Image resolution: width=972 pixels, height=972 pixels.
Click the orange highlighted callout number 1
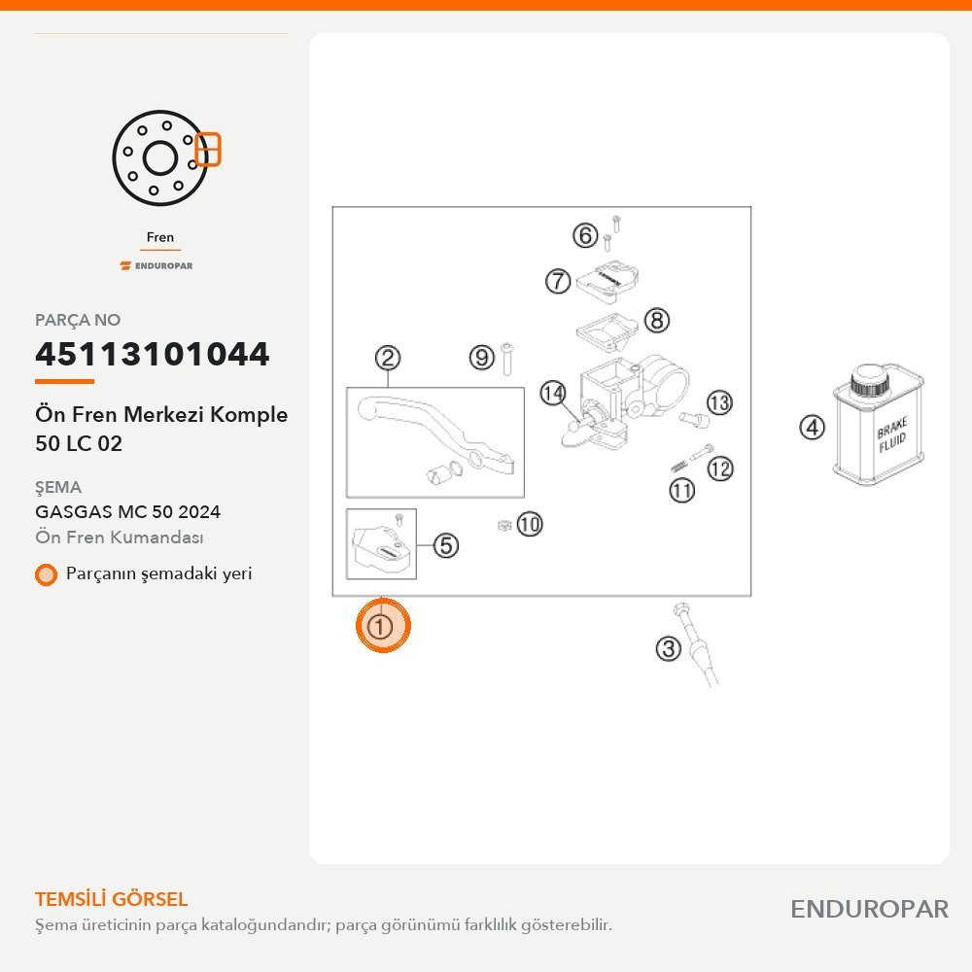382,625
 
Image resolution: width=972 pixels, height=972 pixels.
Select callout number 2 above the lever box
388,359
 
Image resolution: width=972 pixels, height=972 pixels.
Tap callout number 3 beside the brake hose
669,649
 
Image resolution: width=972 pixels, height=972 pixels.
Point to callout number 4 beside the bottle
812,428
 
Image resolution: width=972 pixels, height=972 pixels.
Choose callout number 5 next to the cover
446,545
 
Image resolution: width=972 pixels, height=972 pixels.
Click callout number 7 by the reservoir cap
558,281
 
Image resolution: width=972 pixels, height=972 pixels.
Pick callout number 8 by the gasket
657,321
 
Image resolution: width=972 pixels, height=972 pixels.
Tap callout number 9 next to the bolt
482,358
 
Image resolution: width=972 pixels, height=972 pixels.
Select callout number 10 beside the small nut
530,525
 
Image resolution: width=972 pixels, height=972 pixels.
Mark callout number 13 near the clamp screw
719,403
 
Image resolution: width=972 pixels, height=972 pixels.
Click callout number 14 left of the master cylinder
553,393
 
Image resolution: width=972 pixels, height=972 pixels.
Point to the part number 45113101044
152,354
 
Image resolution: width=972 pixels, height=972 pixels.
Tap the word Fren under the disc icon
160,237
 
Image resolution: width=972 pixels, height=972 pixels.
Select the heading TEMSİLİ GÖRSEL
112,899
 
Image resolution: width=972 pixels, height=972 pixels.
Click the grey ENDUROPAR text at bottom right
869,910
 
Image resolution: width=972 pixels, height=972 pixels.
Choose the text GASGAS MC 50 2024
127,512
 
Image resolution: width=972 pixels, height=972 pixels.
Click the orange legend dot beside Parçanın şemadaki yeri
46,574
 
